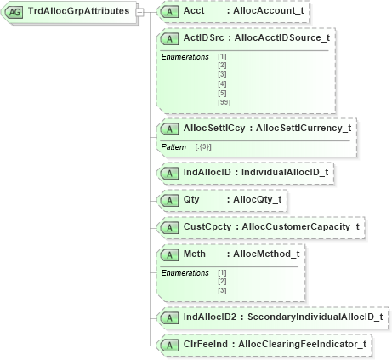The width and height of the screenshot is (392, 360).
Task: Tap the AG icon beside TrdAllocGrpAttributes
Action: point(14,12)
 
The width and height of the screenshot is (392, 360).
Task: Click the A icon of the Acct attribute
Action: point(169,14)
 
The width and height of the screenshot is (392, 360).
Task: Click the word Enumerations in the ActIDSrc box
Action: point(185,56)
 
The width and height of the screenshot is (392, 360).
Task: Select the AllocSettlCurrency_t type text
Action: point(304,128)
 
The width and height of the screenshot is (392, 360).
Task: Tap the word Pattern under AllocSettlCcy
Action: point(174,146)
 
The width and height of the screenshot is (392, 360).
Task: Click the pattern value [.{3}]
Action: point(204,146)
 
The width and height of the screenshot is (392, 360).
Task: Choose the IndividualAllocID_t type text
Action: point(285,172)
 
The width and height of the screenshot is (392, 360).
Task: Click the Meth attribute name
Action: point(195,254)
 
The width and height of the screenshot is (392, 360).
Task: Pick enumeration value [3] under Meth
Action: point(222,290)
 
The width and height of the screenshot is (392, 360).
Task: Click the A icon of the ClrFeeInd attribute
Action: point(169,344)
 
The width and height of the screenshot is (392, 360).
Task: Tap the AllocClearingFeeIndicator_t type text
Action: point(303,344)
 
